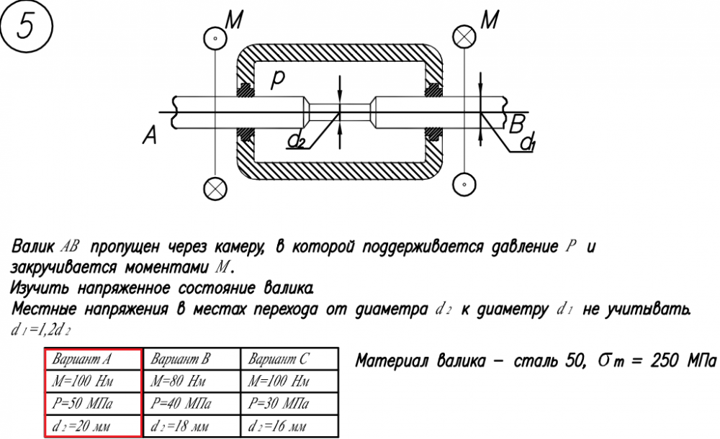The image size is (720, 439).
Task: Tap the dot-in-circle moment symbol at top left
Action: tap(214, 37)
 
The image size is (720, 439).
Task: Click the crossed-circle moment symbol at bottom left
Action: tap(214, 189)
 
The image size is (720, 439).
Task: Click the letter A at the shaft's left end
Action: tap(150, 135)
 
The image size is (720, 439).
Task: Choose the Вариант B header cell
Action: tap(192, 359)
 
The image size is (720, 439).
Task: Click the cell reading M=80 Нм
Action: tap(192, 380)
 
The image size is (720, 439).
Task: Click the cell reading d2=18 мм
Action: tap(192, 425)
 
